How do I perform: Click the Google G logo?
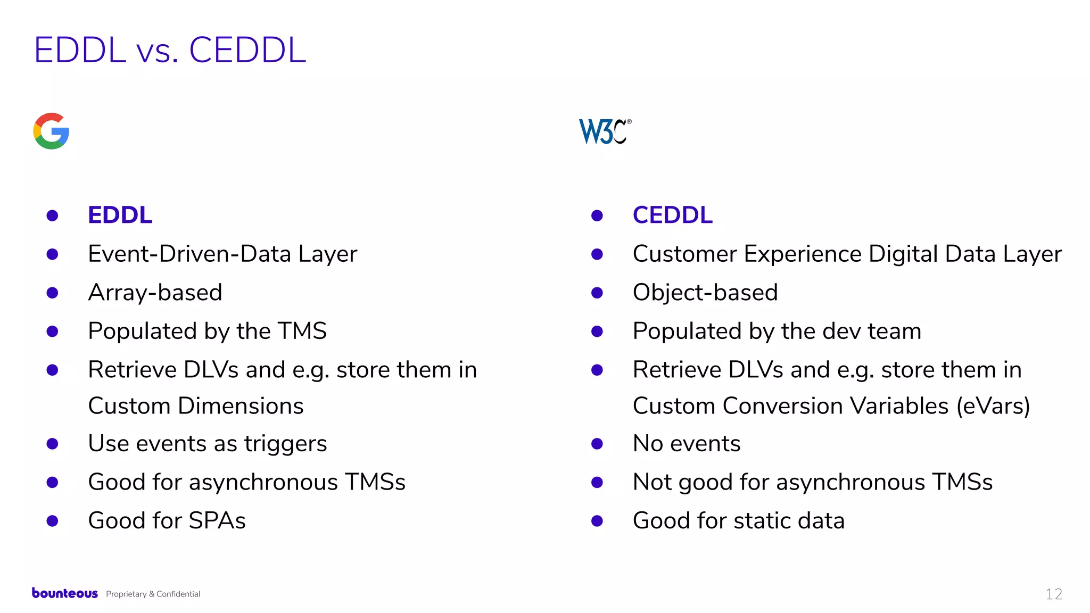click(x=51, y=131)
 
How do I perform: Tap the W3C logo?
click(x=605, y=131)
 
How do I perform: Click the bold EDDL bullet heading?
click(x=120, y=215)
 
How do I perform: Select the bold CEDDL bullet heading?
click(x=672, y=215)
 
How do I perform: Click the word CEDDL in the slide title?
click(x=247, y=51)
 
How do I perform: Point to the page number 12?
click(x=1054, y=594)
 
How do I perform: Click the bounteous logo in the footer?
click(x=65, y=593)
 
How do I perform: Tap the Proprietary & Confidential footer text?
click(x=153, y=594)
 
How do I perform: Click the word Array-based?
click(x=155, y=293)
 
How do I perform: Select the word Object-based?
click(x=705, y=293)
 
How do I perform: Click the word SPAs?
click(x=217, y=520)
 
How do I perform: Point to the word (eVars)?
click(x=993, y=406)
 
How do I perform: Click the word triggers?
click(x=285, y=444)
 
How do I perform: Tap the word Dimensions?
click(x=241, y=406)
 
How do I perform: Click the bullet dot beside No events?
click(x=597, y=444)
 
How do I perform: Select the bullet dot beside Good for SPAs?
click(x=52, y=520)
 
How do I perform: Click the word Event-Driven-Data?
click(x=189, y=254)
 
